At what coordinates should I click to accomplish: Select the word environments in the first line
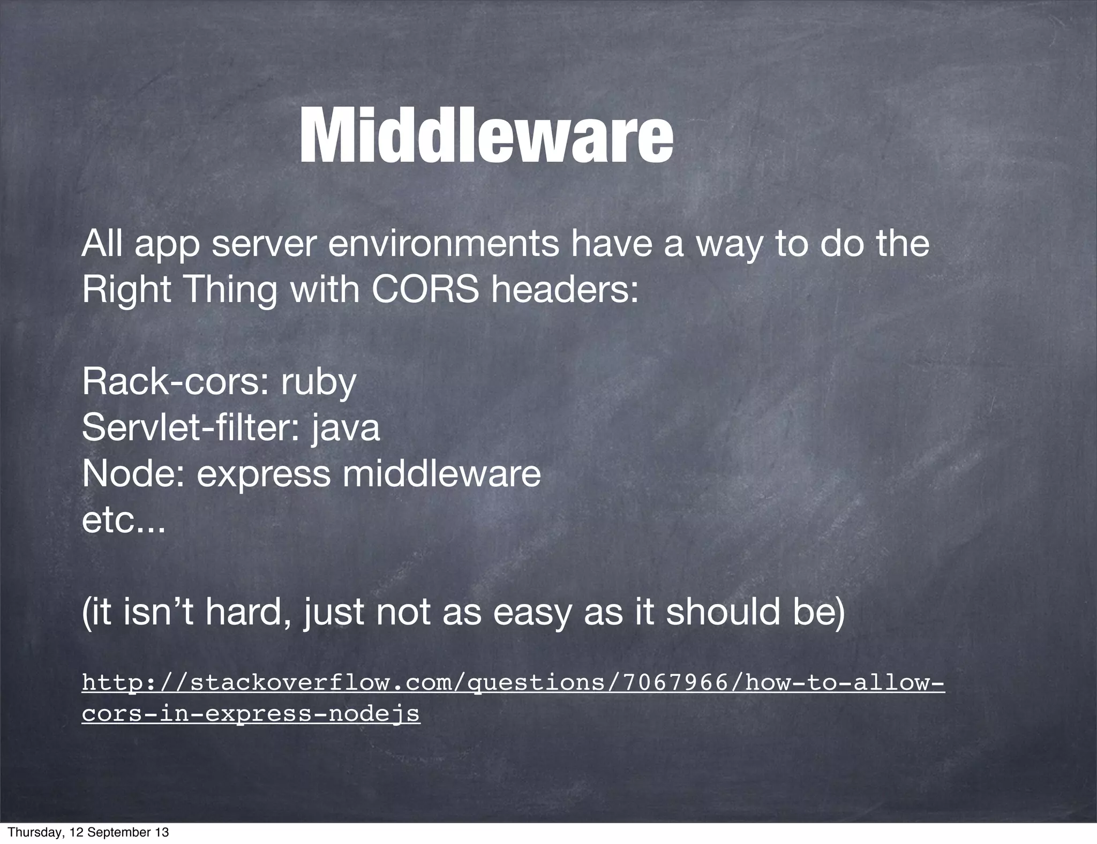[442, 244]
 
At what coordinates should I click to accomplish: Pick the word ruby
[318, 383]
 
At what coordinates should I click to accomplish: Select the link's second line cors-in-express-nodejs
[251, 714]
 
